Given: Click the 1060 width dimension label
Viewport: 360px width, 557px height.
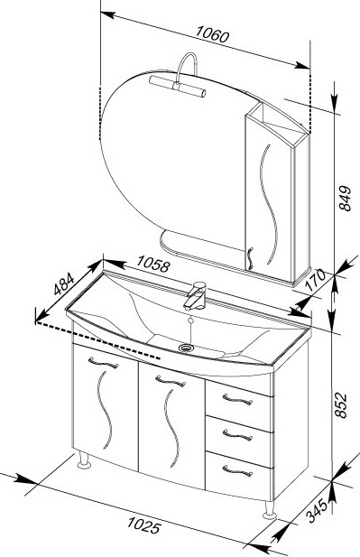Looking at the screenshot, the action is coord(213,34).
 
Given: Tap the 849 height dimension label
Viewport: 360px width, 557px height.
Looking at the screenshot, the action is coord(345,199).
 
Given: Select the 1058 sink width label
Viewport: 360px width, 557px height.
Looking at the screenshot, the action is coord(153,264).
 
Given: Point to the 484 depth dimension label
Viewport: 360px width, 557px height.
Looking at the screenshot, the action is coord(64,283).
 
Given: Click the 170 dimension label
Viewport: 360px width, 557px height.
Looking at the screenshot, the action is coord(315,280).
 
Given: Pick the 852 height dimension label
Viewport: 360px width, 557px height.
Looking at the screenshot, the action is coord(340,405).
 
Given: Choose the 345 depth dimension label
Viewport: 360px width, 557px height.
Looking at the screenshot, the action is coord(317,511).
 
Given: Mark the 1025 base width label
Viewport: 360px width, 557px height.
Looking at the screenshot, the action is coord(143,525).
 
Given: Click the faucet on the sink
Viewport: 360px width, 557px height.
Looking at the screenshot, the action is coord(195,295).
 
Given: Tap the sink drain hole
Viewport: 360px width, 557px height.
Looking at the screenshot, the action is coord(185,347).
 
